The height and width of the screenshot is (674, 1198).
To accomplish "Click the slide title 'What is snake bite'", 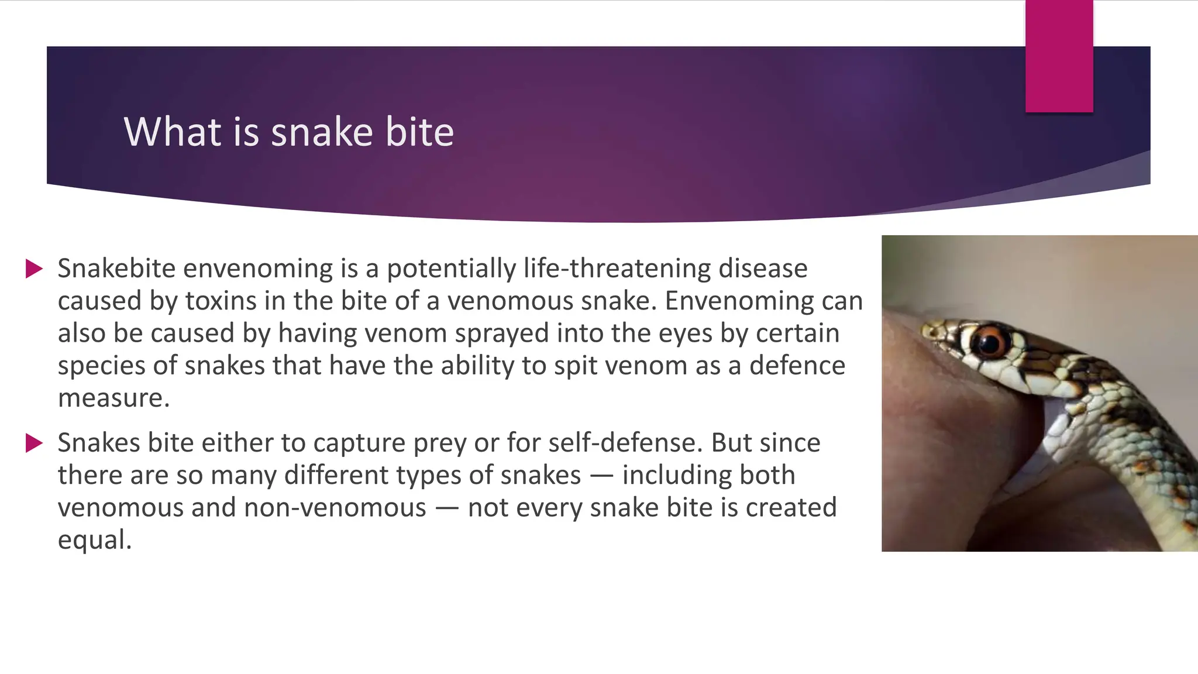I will [288, 132].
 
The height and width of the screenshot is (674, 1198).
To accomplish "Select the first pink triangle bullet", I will [35, 269].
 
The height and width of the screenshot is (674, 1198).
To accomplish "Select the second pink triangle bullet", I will [35, 443].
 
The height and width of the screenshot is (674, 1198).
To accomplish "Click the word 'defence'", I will [797, 366].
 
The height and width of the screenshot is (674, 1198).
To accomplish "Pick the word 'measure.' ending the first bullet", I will [113, 398].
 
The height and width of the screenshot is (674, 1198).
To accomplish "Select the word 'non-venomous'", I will [335, 507].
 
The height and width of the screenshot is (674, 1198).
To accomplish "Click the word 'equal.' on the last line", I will [94, 539].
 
